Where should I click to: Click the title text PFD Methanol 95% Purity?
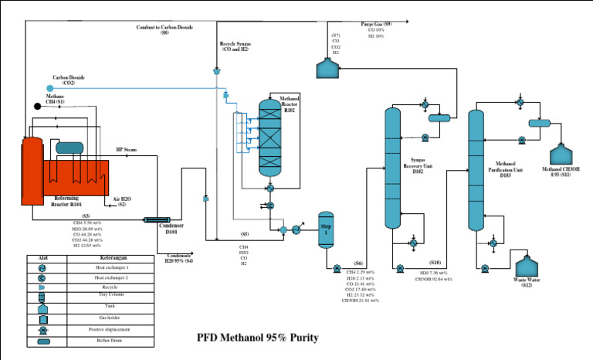click(x=257, y=338)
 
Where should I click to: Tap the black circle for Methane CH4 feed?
click(x=37, y=106)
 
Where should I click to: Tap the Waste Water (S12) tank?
click(x=527, y=267)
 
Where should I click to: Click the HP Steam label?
click(x=126, y=149)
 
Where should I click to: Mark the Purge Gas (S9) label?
click(x=376, y=25)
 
